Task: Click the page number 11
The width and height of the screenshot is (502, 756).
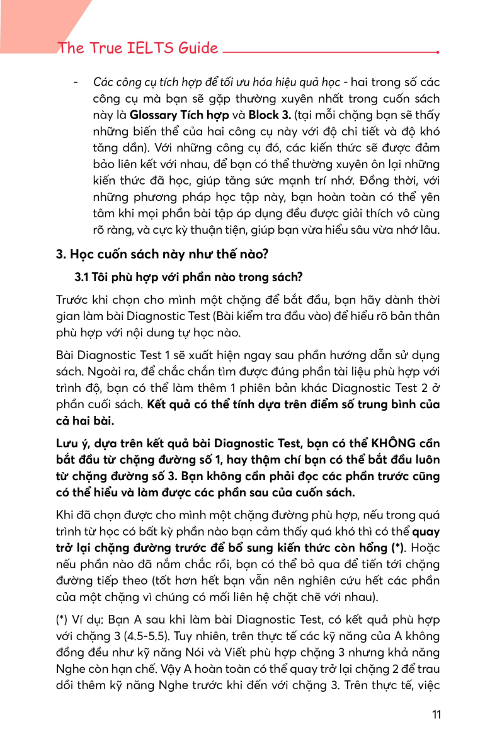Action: (x=436, y=714)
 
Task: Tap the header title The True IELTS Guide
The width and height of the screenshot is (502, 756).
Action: (x=138, y=49)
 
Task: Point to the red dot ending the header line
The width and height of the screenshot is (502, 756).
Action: (x=438, y=53)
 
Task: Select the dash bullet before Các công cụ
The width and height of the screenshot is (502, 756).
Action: (x=76, y=83)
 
